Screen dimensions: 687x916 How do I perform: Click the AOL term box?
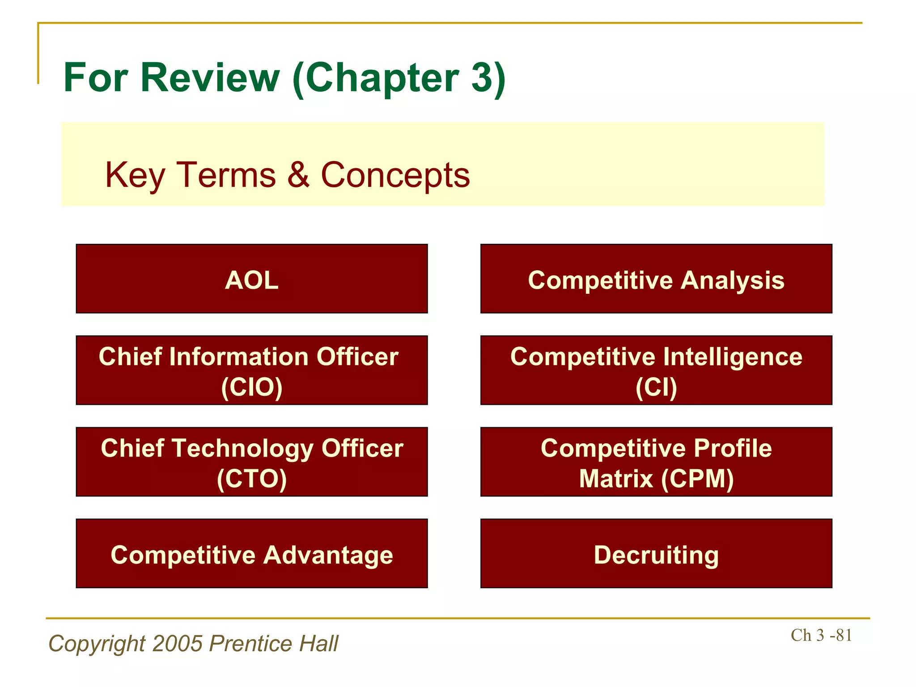click(252, 279)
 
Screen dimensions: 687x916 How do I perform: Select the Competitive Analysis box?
click(656, 279)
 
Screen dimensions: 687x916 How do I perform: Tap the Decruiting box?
click(656, 554)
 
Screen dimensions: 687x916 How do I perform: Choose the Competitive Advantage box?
click(252, 554)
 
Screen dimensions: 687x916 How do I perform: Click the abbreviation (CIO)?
click(252, 387)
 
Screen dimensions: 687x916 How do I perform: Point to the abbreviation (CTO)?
click(252, 479)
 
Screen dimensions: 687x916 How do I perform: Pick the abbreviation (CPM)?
click(697, 479)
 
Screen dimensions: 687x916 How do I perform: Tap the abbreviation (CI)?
click(656, 387)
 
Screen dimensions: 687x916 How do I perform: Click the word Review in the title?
click(210, 78)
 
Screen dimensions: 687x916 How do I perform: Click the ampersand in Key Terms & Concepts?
click(298, 175)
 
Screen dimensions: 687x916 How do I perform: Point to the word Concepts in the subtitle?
click(395, 175)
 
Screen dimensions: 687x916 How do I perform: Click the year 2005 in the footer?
click(178, 644)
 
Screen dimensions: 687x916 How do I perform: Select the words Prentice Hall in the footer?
click(274, 644)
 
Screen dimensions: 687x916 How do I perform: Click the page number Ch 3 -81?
click(821, 635)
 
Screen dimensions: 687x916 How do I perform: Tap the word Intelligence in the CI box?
click(733, 357)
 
